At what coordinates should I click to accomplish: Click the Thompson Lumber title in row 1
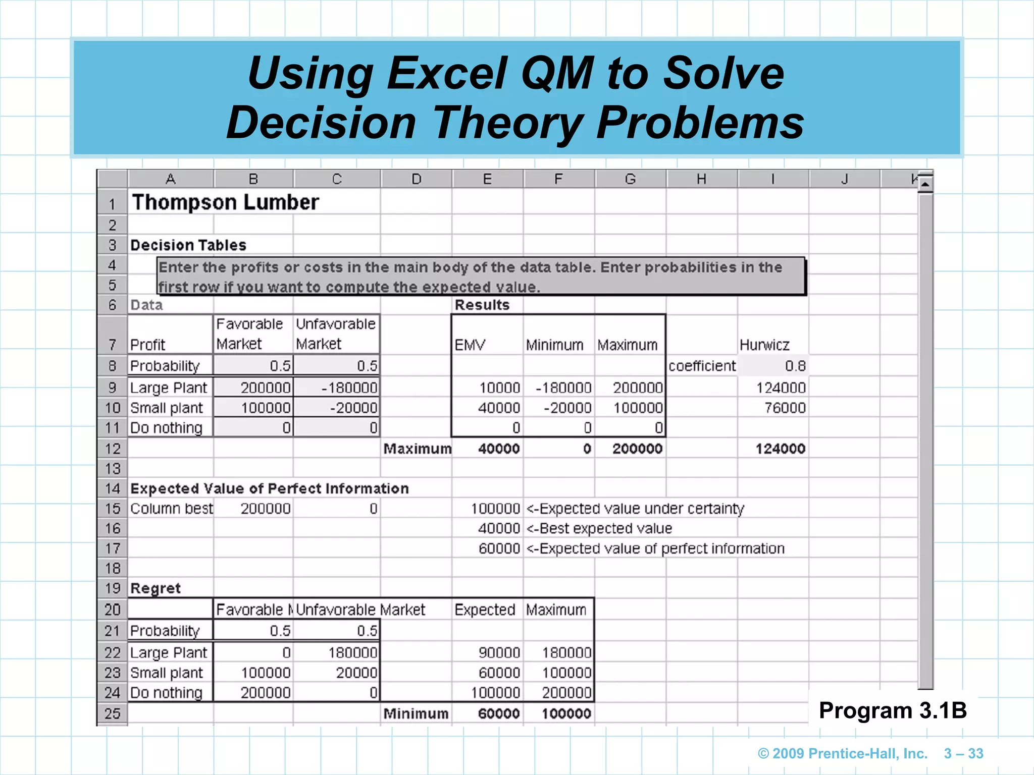click(x=225, y=202)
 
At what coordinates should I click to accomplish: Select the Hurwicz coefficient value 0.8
click(x=795, y=366)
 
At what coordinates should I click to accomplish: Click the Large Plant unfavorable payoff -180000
click(x=349, y=387)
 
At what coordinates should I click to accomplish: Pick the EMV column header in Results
click(x=470, y=345)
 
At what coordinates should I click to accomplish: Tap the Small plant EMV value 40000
click(x=499, y=408)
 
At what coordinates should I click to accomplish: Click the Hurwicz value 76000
click(x=785, y=408)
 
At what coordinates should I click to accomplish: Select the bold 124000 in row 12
click(x=780, y=449)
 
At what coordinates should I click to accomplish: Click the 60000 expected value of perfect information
click(x=499, y=548)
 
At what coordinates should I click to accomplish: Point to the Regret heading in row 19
click(x=156, y=588)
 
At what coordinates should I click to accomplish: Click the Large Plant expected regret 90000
click(x=499, y=652)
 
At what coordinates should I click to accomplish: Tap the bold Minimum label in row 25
click(x=416, y=713)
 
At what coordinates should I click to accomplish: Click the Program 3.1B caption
click(x=893, y=710)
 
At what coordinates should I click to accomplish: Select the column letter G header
click(x=630, y=179)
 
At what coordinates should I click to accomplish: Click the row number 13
click(x=113, y=469)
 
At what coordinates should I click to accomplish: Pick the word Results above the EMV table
click(x=482, y=305)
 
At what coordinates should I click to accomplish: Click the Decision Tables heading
click(x=188, y=245)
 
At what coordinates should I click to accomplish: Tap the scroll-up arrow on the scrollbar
click(x=925, y=184)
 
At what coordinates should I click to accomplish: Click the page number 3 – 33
click(x=963, y=753)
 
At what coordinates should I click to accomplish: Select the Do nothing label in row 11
click(x=166, y=428)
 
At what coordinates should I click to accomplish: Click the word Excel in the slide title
click(x=447, y=74)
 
